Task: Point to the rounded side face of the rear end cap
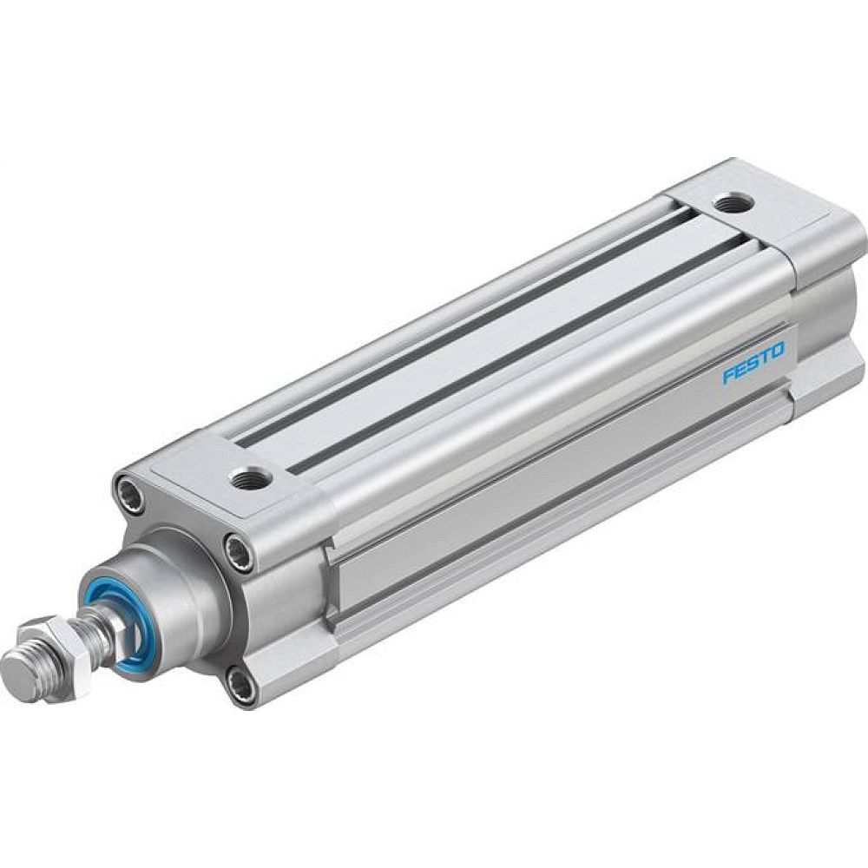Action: (825, 295)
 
